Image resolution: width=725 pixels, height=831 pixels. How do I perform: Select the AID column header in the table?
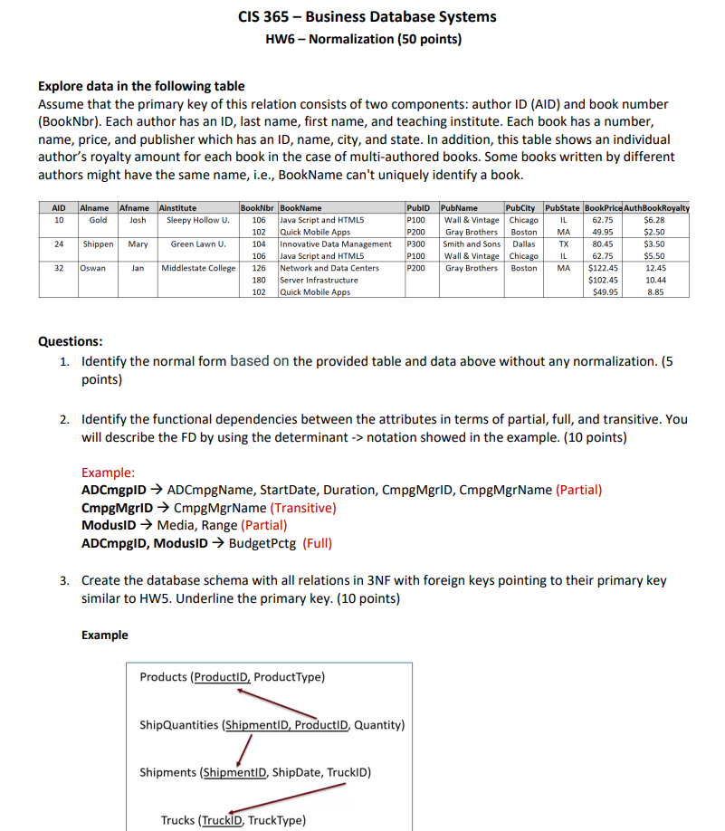(x=58, y=208)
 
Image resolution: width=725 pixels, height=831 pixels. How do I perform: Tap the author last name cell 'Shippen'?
(x=99, y=244)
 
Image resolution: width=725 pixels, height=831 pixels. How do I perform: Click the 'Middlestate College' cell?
(x=198, y=268)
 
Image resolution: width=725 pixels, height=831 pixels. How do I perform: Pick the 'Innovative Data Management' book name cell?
(x=336, y=244)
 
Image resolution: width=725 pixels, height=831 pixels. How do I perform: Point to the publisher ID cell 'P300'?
(x=416, y=244)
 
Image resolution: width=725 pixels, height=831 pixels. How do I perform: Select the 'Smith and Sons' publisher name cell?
(x=472, y=244)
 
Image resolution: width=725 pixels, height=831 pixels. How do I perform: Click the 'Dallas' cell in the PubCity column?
(x=523, y=244)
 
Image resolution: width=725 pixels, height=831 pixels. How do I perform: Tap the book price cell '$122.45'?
(x=602, y=268)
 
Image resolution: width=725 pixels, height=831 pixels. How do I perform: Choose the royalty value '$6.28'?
(x=653, y=220)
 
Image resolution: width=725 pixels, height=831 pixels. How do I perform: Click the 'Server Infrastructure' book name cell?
(x=319, y=280)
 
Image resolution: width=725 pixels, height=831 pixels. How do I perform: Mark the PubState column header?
(x=563, y=208)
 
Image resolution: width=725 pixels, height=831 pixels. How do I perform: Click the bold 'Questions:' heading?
(x=71, y=341)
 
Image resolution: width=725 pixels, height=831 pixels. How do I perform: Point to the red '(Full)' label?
(x=317, y=543)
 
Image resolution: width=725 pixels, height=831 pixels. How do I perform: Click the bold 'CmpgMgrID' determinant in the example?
(x=119, y=508)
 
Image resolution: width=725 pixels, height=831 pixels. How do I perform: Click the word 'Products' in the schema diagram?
(x=163, y=677)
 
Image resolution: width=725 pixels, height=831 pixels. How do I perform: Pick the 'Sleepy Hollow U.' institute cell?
(x=198, y=220)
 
